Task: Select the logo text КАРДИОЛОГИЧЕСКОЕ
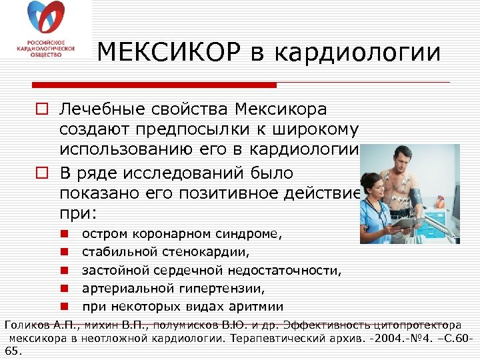[46, 49]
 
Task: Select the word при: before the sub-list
[78, 215]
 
